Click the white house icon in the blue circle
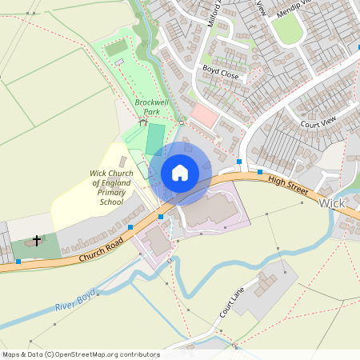click(x=180, y=173)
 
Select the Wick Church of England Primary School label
click(x=106, y=188)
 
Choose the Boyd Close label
click(x=221, y=71)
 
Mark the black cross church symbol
click(x=37, y=240)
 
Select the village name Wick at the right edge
click(x=331, y=204)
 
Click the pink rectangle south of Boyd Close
click(x=205, y=117)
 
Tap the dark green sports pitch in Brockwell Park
click(x=155, y=138)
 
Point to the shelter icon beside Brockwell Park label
click(x=143, y=122)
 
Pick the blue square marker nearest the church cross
click(x=18, y=261)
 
